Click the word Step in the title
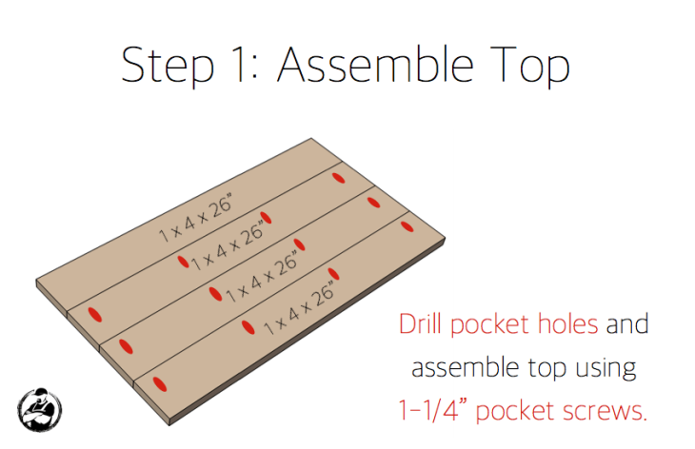tap(168, 66)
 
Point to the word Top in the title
tap(530, 66)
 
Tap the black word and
tap(627, 323)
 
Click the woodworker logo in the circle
tap(40, 410)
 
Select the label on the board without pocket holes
tap(195, 218)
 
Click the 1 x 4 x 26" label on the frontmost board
tap(298, 308)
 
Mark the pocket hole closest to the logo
tap(160, 384)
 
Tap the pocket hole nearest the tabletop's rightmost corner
tap(407, 226)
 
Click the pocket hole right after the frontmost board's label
tap(334, 274)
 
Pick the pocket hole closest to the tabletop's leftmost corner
tap(95, 314)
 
